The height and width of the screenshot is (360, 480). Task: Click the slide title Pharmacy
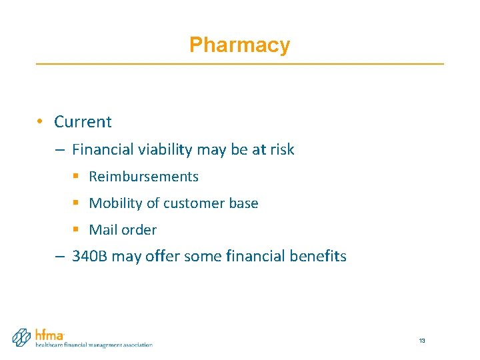pos(239,45)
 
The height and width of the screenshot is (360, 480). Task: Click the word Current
pos(83,122)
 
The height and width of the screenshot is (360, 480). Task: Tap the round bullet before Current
pos(41,121)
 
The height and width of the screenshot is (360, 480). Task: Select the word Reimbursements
pos(143,177)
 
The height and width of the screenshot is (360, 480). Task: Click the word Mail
pos(103,230)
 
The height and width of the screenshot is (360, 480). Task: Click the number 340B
pos(89,257)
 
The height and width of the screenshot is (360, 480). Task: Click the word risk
pos(281,150)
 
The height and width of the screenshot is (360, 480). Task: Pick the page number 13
pos(422,341)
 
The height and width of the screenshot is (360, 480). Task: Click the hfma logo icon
pos(22,337)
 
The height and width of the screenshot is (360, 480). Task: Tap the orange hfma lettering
pos(49,335)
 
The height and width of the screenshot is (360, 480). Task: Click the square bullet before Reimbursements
pos(76,177)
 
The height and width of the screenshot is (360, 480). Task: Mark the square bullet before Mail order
pos(76,230)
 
